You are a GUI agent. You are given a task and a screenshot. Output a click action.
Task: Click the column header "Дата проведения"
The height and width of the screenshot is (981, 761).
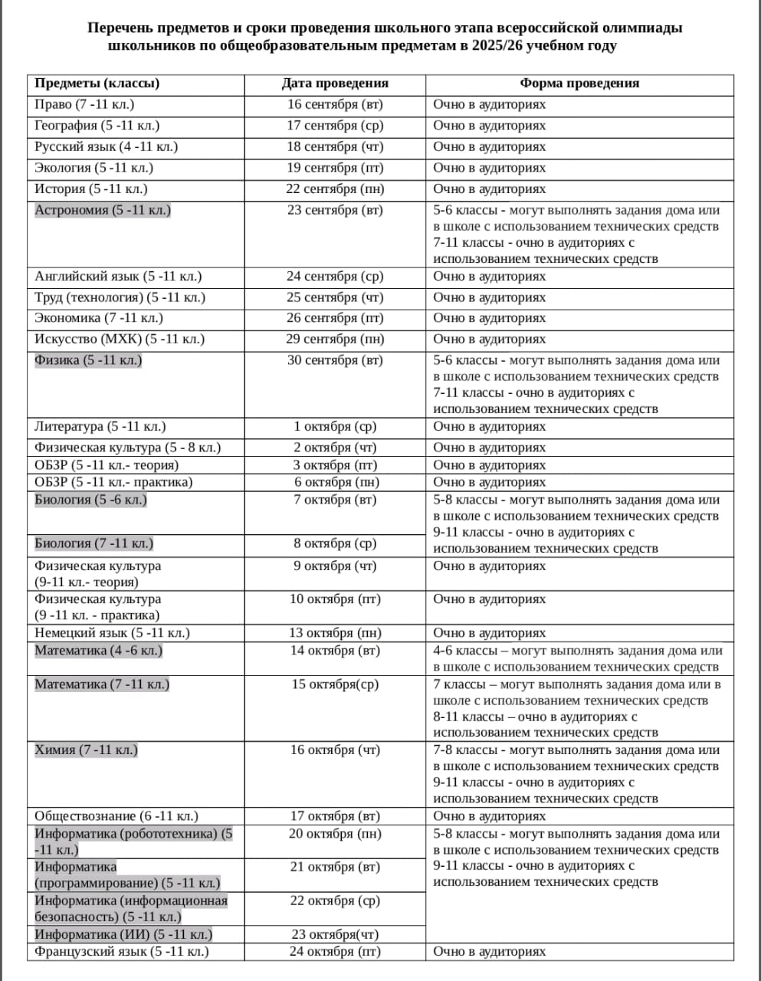(335, 84)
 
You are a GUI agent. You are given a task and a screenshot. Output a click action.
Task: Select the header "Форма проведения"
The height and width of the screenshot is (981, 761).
(579, 84)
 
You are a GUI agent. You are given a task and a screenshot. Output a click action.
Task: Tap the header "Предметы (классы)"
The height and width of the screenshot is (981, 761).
(97, 84)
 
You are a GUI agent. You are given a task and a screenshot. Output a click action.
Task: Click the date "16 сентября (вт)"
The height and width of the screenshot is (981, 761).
(335, 104)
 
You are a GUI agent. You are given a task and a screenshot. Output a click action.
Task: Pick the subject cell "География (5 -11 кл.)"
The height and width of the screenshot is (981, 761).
(97, 126)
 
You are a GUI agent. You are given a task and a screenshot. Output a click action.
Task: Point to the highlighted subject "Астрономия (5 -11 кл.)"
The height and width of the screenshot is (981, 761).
(103, 210)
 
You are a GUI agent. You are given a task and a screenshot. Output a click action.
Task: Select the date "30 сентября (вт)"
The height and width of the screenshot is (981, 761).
(335, 360)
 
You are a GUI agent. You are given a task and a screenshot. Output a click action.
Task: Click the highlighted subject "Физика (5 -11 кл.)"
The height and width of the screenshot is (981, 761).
(88, 360)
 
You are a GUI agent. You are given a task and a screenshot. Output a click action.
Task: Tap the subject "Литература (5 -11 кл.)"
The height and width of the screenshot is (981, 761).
(100, 427)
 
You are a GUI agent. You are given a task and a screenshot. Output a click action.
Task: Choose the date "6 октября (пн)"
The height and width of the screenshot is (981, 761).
(335, 482)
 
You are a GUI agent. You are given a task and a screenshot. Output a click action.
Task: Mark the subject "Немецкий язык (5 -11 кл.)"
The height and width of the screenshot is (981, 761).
(112, 633)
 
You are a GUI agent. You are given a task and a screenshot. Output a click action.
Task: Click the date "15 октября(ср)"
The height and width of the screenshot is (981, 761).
(335, 684)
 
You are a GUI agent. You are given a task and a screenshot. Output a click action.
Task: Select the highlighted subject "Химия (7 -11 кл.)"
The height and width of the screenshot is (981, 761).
(86, 750)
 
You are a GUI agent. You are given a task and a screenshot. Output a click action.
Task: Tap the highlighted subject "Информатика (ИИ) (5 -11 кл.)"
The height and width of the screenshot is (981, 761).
(123, 934)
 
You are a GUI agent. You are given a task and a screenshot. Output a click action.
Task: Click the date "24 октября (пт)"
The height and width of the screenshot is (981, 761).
(335, 952)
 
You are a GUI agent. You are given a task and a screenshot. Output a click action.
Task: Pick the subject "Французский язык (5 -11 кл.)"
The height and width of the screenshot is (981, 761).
(122, 952)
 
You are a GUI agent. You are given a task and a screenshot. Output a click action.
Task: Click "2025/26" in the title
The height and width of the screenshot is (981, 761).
(490, 46)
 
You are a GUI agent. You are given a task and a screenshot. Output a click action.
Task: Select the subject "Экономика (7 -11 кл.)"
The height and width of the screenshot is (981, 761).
(99, 318)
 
